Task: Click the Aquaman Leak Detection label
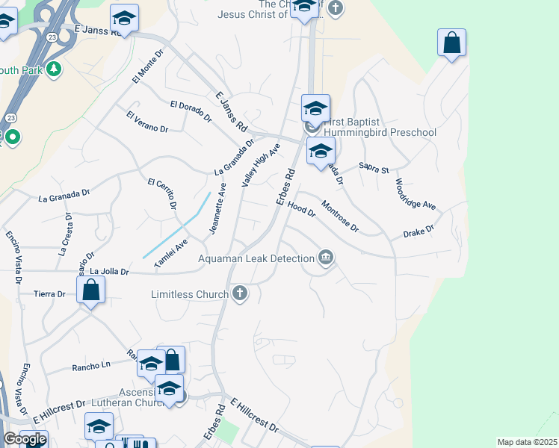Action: tap(256, 258)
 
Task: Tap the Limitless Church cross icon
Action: tap(240, 293)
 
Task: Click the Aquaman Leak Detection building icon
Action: tap(326, 258)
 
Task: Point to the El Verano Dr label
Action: tap(147, 122)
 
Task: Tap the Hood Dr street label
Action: tap(301, 210)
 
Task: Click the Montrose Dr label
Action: tap(340, 216)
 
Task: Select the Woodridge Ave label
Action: tap(415, 193)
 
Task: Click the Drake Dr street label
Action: tap(419, 232)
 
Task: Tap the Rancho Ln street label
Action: tap(90, 367)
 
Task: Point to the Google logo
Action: tap(25, 439)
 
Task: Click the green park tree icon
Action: tap(53, 70)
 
